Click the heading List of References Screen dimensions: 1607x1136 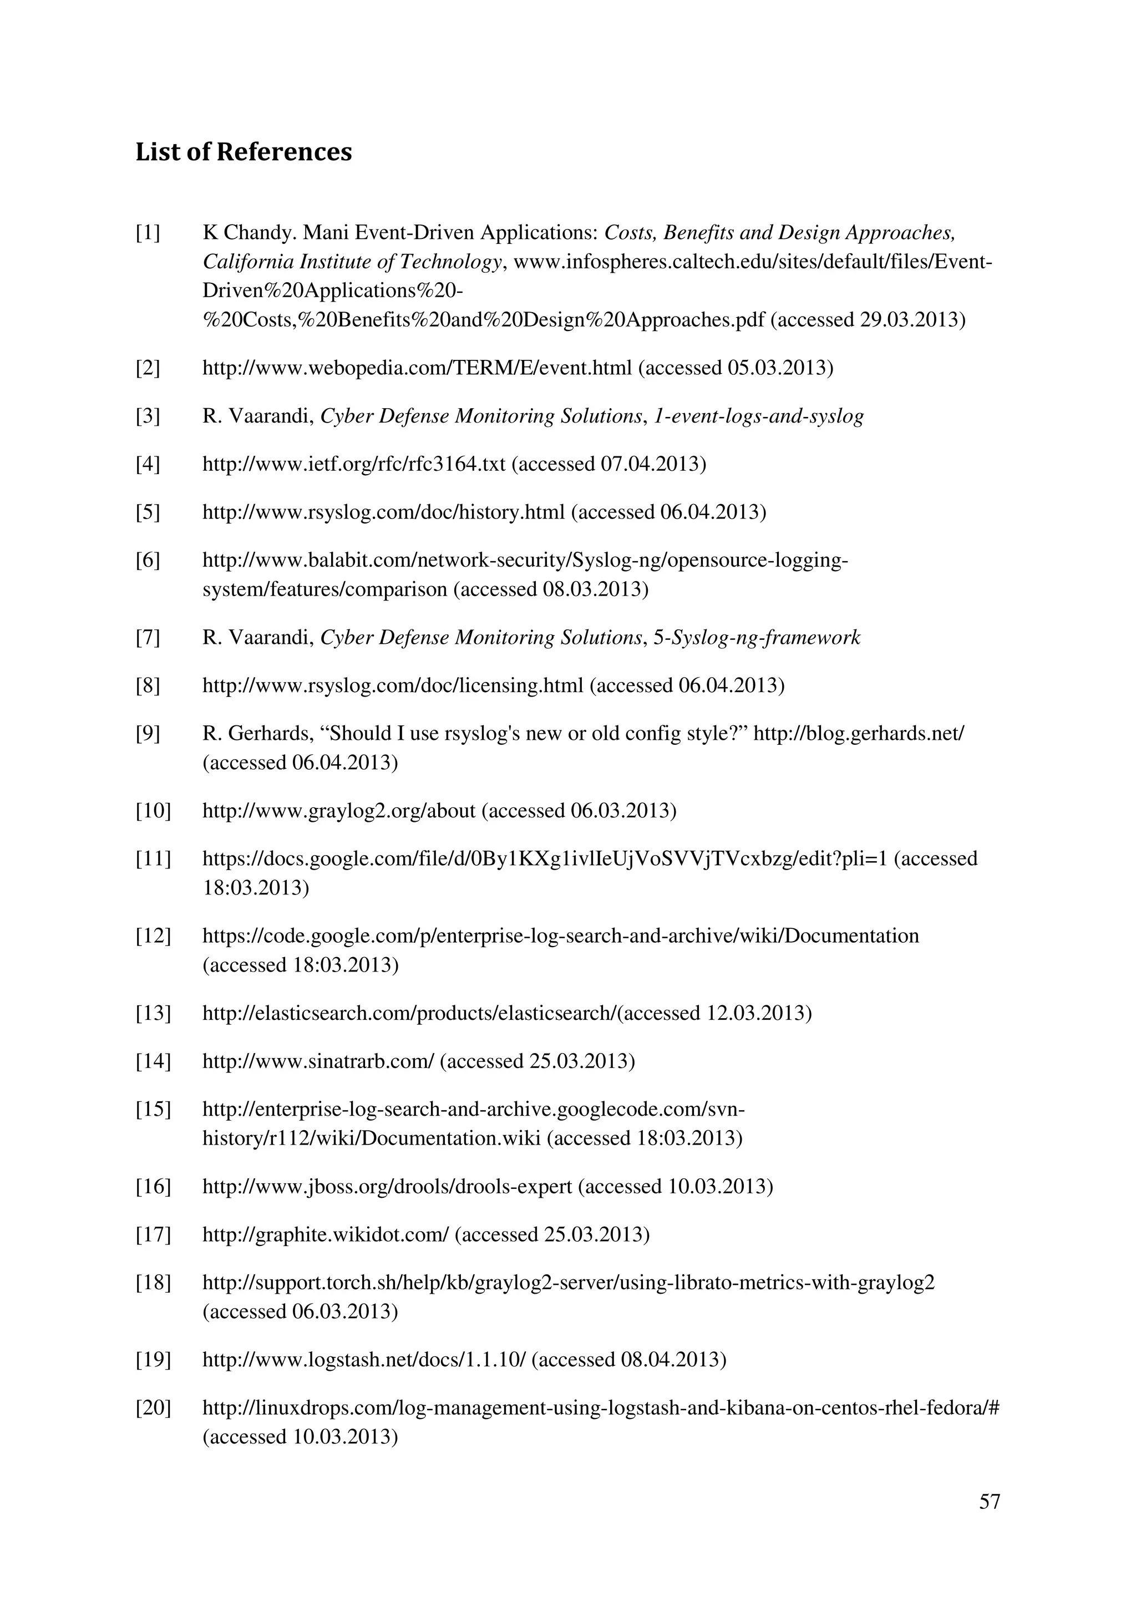(244, 152)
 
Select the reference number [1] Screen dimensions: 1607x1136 (148, 232)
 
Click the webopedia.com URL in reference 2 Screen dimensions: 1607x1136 (417, 368)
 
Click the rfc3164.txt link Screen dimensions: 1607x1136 (353, 464)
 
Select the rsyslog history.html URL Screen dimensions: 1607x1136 (383, 512)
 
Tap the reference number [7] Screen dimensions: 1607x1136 (148, 638)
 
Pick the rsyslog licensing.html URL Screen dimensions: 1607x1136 (393, 685)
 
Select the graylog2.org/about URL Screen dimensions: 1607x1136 (339, 811)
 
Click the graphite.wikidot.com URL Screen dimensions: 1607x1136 (326, 1235)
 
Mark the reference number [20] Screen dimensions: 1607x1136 (153, 1408)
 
